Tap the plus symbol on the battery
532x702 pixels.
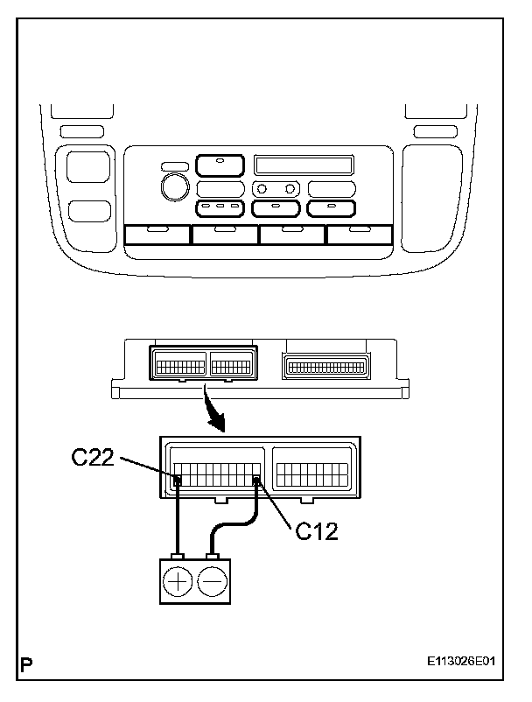click(178, 581)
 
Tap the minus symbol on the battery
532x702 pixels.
click(212, 581)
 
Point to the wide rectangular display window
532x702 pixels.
click(304, 165)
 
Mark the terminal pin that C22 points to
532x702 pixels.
click(178, 480)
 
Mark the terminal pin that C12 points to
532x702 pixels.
click(256, 480)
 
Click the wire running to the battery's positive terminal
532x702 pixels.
click(178, 516)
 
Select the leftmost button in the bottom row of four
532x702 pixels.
click(157, 234)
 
